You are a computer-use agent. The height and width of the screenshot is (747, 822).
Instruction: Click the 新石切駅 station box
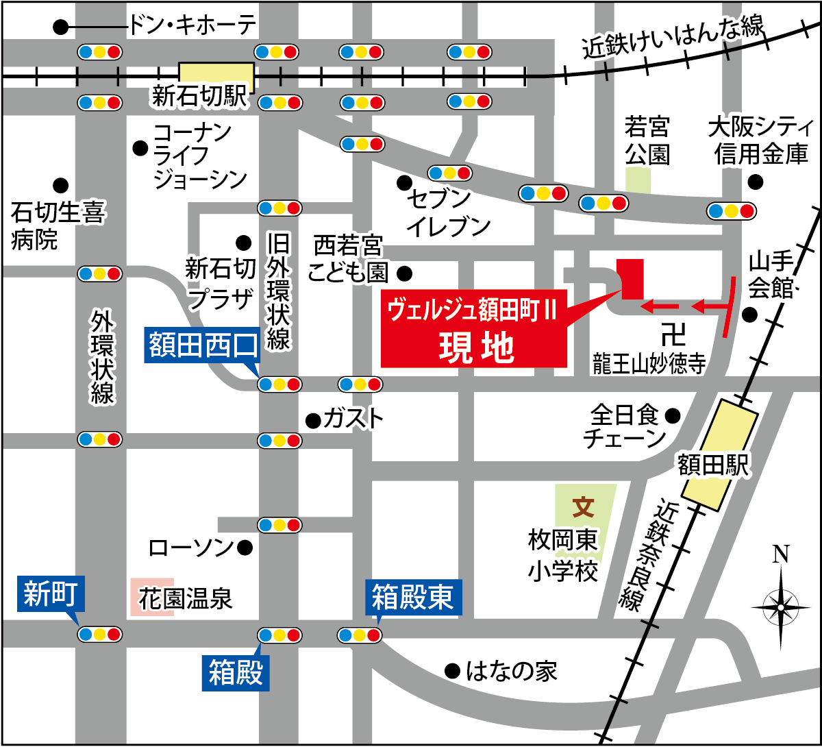(216, 77)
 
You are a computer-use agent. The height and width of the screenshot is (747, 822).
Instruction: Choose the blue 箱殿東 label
(413, 598)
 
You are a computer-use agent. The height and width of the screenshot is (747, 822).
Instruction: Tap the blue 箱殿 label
(237, 672)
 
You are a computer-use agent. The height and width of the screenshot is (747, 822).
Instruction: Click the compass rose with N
(780, 605)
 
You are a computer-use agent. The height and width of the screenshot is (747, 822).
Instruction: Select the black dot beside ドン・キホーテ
(61, 27)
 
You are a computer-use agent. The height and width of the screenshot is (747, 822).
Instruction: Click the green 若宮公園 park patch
(637, 180)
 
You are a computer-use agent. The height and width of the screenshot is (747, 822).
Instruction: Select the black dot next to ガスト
(312, 419)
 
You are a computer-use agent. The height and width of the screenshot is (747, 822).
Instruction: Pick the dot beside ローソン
(245, 548)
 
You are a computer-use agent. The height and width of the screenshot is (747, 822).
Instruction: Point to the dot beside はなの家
(451, 670)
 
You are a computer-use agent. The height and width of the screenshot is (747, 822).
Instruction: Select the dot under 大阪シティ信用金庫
(755, 182)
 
